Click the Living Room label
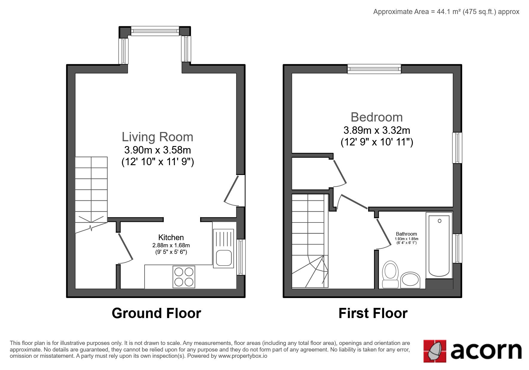(157, 137)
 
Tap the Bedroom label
(377, 117)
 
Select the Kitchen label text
(171, 237)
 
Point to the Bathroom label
(406, 234)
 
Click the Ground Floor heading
(156, 313)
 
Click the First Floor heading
(373, 313)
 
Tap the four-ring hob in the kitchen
(184, 277)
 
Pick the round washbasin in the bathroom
(410, 280)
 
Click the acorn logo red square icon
(435, 351)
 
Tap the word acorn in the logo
(486, 351)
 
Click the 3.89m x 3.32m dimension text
(377, 130)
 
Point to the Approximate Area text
(446, 12)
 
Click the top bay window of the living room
(155, 31)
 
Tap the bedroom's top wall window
(374, 69)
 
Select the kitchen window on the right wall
(241, 257)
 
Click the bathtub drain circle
(439, 221)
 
